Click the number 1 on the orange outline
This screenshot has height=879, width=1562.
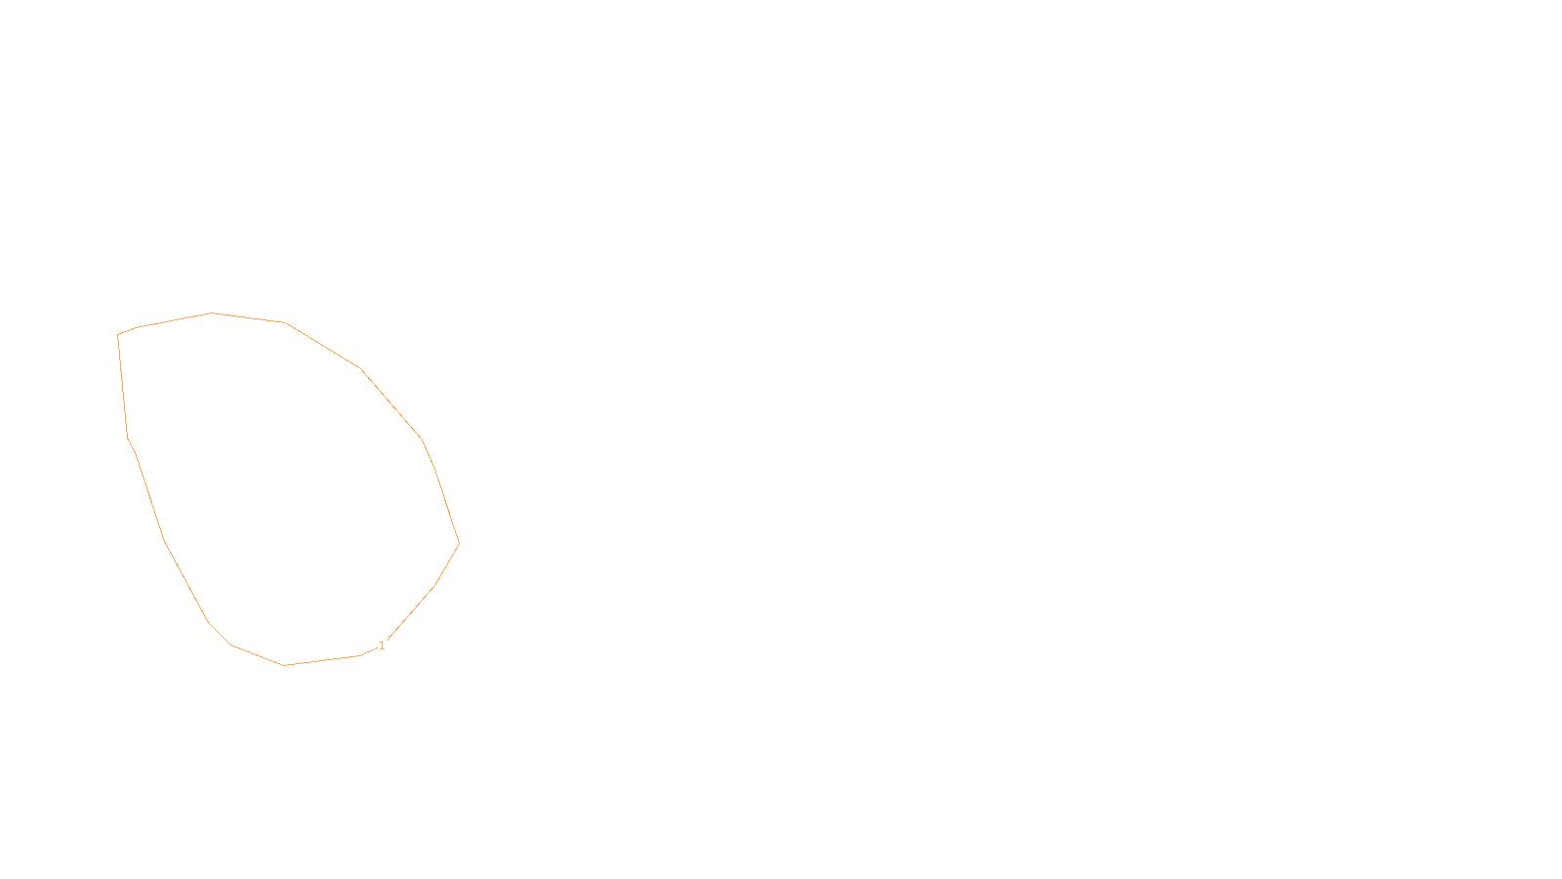tap(382, 646)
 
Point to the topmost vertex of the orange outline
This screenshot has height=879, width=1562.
tap(212, 314)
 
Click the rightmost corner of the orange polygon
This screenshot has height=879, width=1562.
tap(459, 543)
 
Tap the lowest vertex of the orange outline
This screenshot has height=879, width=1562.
tap(284, 665)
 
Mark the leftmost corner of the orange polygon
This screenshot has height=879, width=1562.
tap(118, 335)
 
